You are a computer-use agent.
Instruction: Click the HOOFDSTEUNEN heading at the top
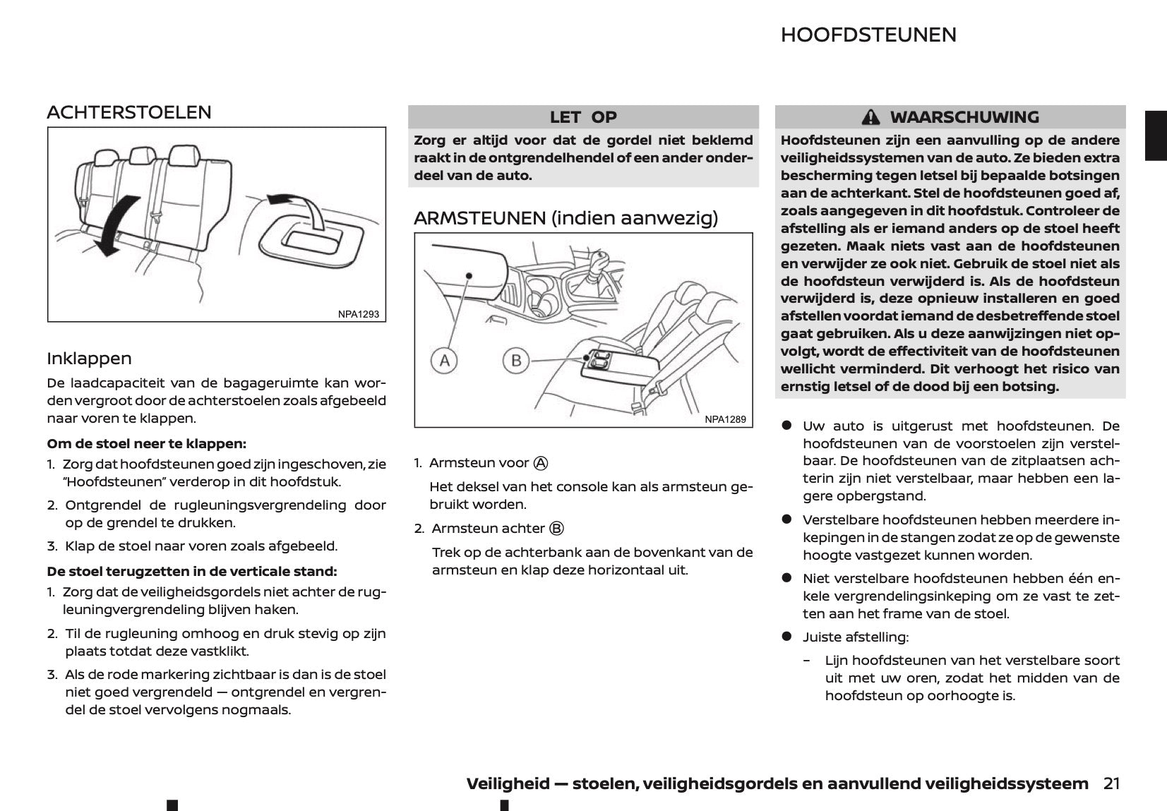coord(868,35)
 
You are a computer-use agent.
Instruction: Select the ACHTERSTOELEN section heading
coord(129,112)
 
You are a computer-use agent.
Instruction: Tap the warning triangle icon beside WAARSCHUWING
coord(871,117)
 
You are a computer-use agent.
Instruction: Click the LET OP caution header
coord(583,117)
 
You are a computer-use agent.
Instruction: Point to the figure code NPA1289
coord(725,419)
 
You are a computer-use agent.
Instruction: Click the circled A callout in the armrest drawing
coord(445,361)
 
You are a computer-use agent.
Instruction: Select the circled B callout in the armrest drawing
coord(516,361)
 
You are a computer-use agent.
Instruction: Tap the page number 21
coord(1111,783)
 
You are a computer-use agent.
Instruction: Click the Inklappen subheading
coord(89,359)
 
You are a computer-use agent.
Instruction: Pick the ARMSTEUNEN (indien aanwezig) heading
coord(565,218)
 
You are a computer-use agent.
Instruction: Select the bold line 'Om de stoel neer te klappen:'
coord(146,444)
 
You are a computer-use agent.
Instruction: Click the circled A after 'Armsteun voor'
coord(541,463)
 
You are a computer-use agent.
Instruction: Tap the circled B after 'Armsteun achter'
coord(556,529)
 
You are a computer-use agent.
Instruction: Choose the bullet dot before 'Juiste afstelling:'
coord(786,637)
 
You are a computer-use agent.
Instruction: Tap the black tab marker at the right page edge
coord(1156,135)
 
